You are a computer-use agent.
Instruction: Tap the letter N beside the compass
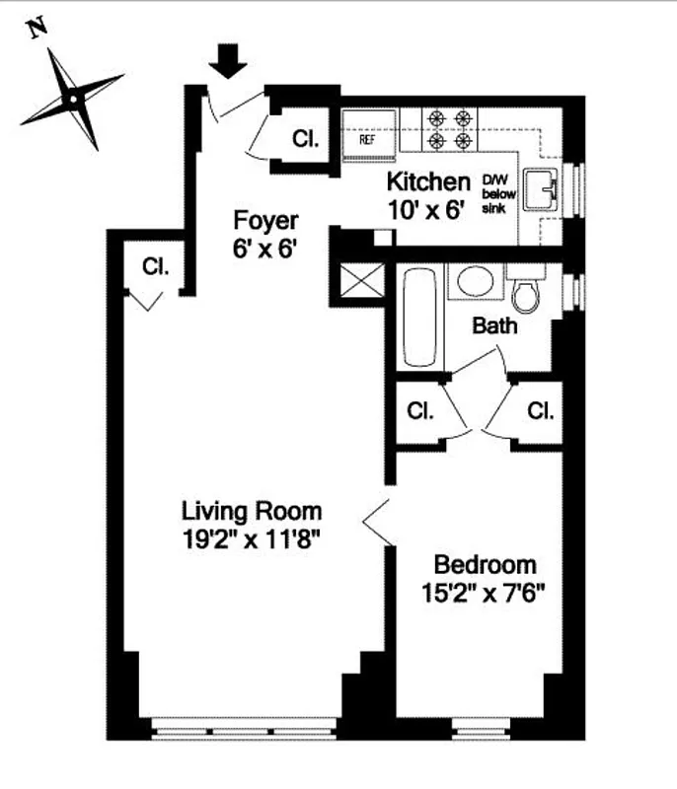coord(38,28)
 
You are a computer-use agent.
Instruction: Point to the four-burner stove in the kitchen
coord(448,129)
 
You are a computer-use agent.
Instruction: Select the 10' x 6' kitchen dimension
coord(425,209)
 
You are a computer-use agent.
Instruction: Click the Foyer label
coord(264,219)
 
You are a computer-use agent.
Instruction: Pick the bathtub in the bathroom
coord(418,318)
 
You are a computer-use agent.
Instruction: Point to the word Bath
coord(493,324)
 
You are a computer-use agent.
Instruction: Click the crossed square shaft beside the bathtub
coord(357,283)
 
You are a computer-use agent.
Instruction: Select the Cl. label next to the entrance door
coord(305,139)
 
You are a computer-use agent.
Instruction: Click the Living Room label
coord(252,511)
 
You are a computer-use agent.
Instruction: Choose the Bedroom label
coord(486,565)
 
